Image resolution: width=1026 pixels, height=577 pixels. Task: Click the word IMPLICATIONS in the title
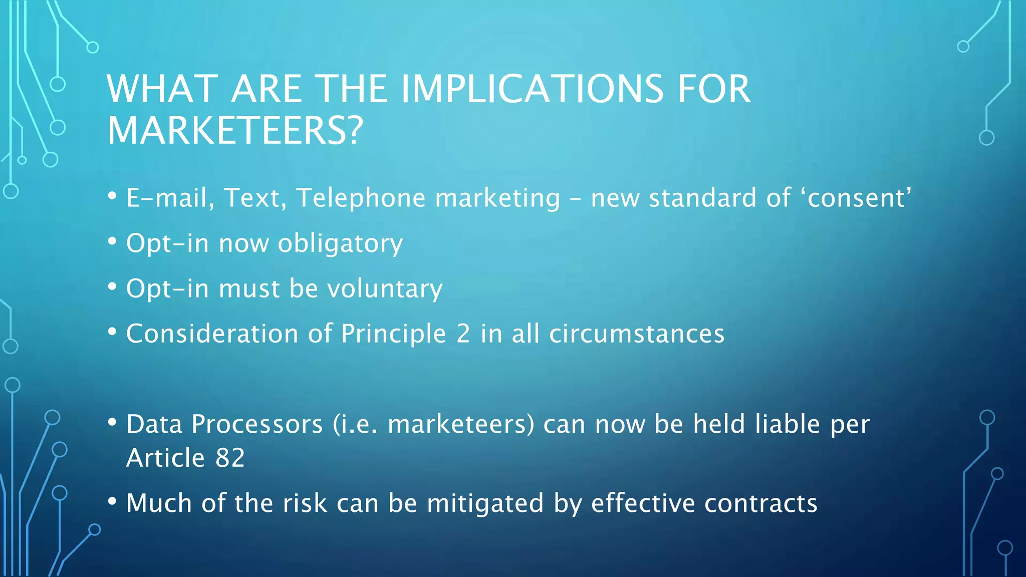coord(533,89)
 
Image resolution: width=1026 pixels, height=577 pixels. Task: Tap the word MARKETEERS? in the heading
coord(235,131)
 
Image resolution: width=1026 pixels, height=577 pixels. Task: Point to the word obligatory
coord(340,243)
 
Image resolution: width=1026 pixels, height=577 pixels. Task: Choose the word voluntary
coord(384,288)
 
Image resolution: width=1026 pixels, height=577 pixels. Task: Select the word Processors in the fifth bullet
coord(257,424)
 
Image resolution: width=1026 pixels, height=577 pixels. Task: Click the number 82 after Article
coord(230,458)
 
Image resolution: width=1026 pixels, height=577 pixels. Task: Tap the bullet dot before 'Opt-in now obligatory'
coord(112,242)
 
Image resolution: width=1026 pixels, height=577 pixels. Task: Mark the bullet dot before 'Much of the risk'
coord(112,501)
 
